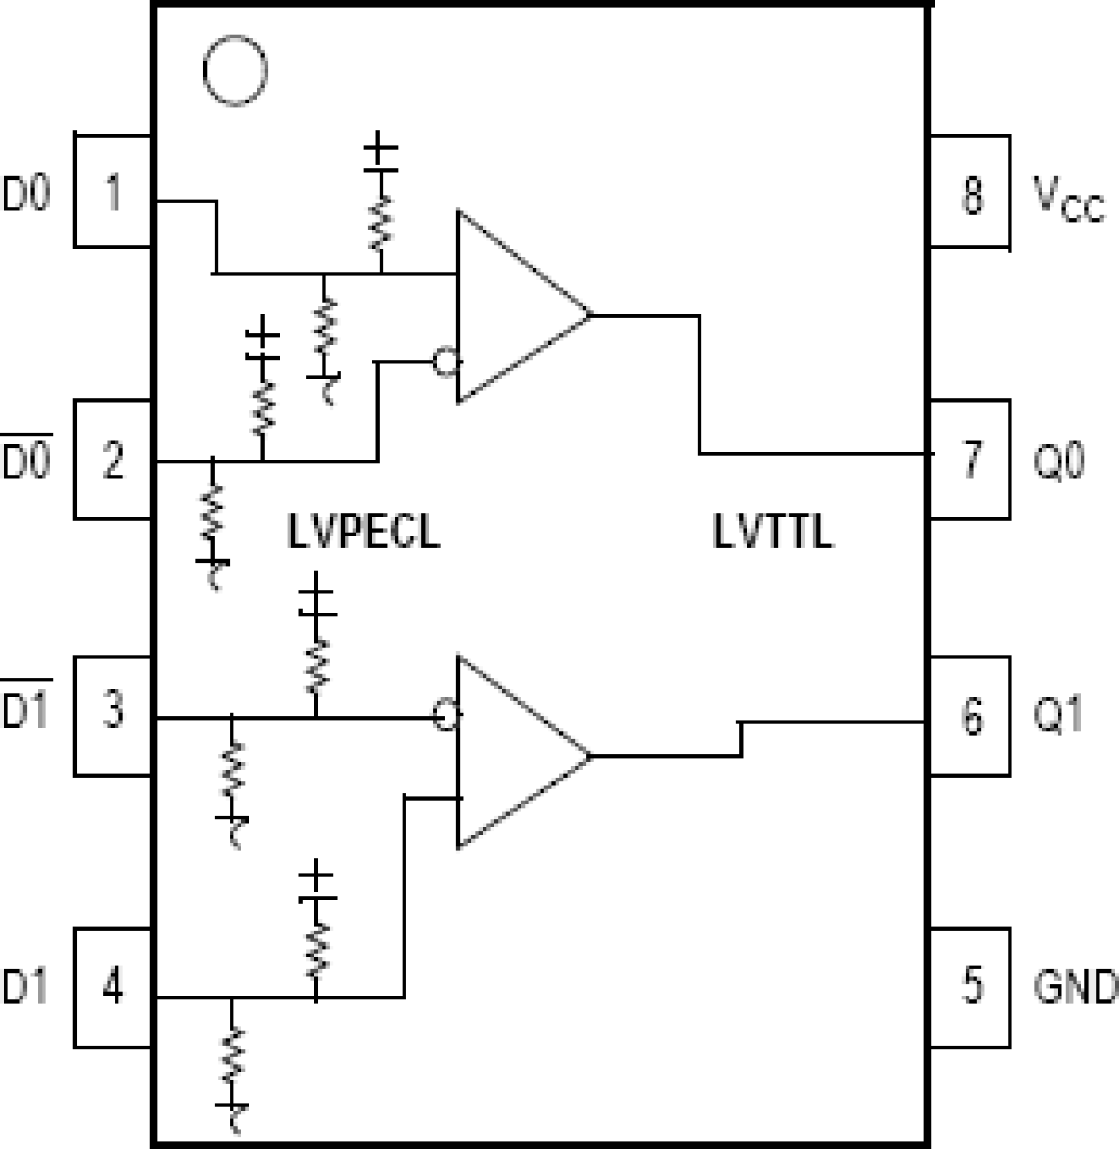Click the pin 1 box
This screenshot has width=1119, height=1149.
[112, 191]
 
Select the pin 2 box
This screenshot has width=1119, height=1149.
[112, 460]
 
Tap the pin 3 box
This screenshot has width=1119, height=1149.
[112, 715]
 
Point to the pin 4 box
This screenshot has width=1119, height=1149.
[112, 987]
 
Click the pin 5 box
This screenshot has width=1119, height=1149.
[970, 987]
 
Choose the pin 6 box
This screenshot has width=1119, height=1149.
[970, 716]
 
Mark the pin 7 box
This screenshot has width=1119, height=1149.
[970, 460]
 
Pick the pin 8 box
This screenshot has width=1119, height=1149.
[970, 191]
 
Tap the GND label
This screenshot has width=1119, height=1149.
[1074, 986]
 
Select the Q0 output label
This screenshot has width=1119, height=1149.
[1058, 460]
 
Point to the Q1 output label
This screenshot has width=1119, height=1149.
[1058, 715]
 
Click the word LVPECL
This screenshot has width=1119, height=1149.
[363, 532]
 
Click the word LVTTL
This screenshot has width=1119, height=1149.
[772, 532]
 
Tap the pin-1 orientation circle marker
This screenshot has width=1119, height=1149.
[234, 70]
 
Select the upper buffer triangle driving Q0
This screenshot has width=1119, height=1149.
[512, 308]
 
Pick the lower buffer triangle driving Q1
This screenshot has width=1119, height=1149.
[512, 754]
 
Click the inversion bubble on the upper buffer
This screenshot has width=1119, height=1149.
[445, 362]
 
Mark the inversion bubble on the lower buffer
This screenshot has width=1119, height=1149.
[445, 715]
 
